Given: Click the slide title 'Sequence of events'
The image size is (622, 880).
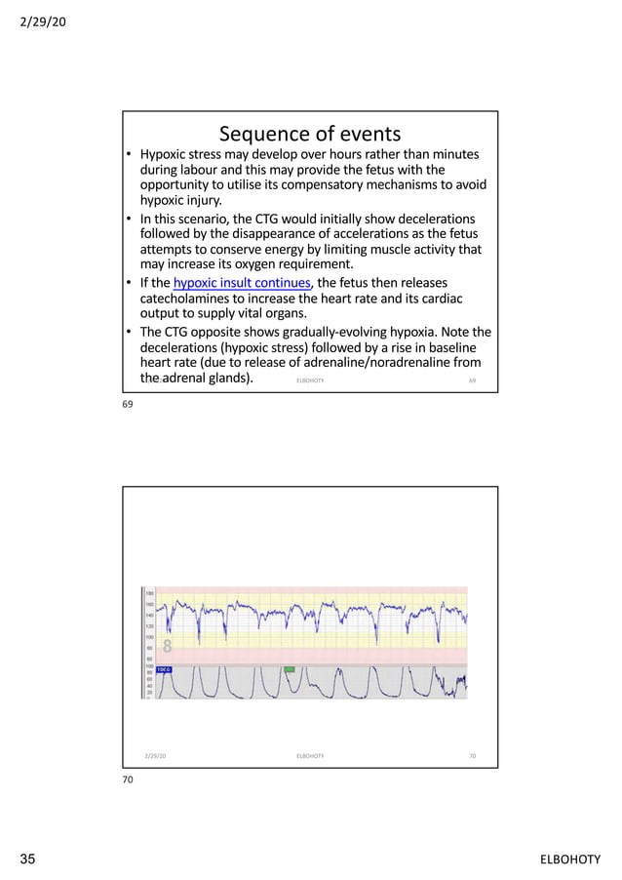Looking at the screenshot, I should [x=309, y=133].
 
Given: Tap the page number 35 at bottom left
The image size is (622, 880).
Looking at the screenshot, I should [x=28, y=859].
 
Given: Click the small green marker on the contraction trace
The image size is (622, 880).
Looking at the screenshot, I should [x=290, y=669].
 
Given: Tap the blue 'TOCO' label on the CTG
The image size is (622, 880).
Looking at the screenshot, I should [x=165, y=669].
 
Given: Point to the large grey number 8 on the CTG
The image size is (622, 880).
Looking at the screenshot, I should [x=167, y=646].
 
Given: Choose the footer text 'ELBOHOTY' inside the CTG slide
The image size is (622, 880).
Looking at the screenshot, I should [x=309, y=755].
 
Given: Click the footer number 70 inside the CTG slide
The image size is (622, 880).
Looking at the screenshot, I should [x=472, y=755].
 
